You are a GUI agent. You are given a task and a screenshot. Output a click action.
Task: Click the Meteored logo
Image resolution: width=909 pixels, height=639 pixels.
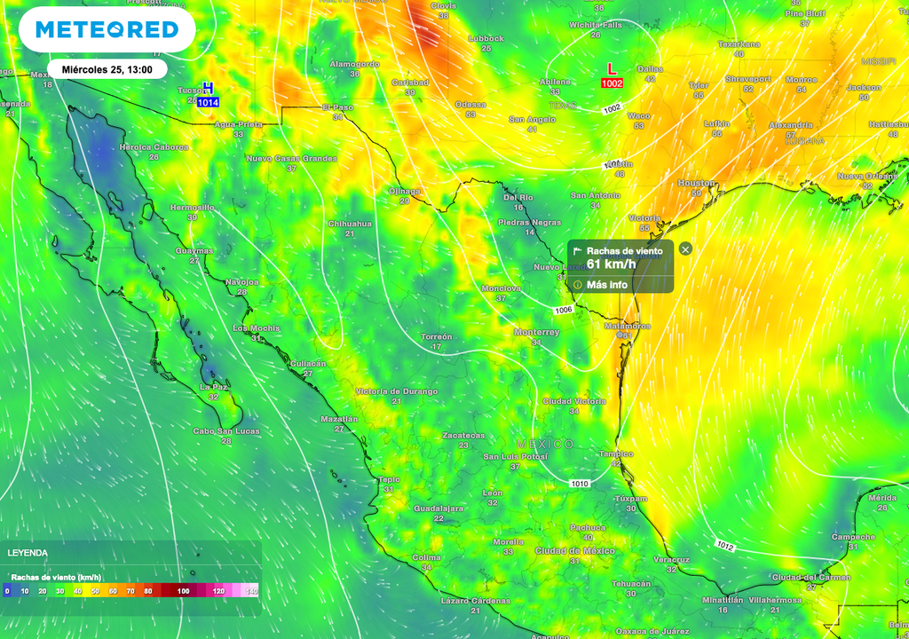107,30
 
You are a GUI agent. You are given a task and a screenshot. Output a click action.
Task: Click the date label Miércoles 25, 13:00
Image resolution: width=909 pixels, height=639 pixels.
107,69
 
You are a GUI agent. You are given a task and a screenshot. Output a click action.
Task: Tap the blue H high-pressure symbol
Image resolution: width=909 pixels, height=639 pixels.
208,88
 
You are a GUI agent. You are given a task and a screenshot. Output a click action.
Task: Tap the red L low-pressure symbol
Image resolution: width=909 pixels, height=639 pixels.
611,69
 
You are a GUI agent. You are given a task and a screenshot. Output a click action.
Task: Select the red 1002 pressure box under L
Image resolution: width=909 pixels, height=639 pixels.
612,83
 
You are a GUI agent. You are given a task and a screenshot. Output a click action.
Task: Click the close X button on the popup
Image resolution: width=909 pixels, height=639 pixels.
684,249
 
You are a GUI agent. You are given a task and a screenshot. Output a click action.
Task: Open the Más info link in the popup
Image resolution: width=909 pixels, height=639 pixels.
607,285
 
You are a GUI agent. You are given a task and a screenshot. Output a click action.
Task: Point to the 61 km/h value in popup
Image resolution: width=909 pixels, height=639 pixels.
612,264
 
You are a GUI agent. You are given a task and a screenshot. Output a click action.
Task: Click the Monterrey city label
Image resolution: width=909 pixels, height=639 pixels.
537,332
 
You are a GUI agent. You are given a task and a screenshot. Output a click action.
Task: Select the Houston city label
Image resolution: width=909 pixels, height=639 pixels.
696,183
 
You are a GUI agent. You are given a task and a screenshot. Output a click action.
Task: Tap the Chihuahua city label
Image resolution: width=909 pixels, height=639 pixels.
350,224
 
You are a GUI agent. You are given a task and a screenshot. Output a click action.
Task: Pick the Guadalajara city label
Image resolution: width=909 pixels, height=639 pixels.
439,509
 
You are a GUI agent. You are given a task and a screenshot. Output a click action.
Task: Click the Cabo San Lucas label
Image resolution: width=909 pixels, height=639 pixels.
226,431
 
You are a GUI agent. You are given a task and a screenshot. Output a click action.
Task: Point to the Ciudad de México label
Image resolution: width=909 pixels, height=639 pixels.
574,551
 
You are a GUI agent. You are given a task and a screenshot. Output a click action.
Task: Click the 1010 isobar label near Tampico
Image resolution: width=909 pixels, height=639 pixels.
579,484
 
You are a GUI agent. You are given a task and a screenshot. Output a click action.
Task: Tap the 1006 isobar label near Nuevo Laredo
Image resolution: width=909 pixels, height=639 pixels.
563,310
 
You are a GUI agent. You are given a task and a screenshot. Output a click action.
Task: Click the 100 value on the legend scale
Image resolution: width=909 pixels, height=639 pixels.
183,590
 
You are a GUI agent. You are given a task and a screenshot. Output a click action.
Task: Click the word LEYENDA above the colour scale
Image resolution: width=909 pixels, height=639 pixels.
28,553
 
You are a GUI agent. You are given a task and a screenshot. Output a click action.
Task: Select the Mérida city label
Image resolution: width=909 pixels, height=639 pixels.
882,498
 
